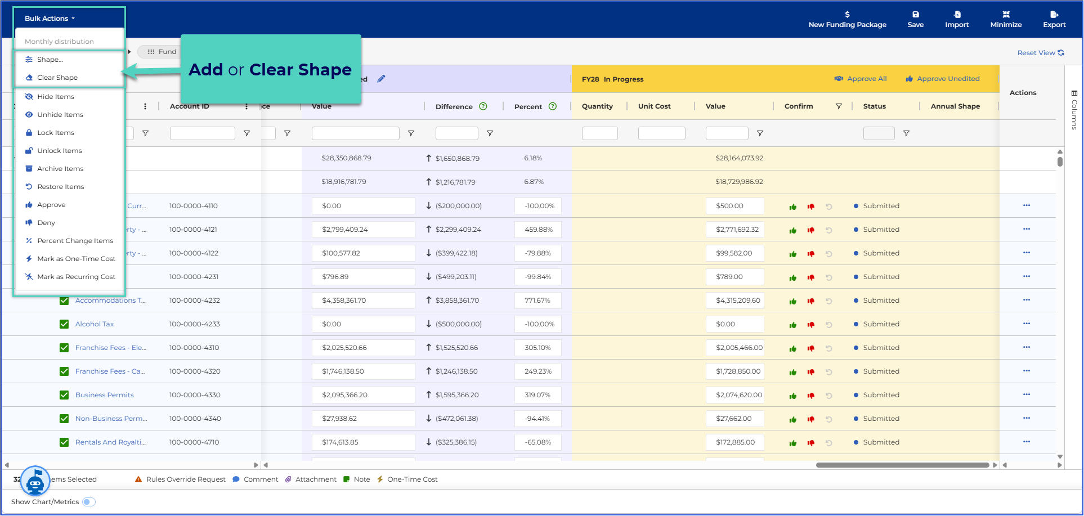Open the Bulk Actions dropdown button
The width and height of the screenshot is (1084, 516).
click(x=50, y=19)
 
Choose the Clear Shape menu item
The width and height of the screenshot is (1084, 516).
click(x=57, y=78)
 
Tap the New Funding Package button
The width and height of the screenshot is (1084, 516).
click(x=847, y=19)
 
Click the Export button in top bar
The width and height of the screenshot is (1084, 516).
click(x=1054, y=19)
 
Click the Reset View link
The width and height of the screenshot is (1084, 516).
click(x=1040, y=53)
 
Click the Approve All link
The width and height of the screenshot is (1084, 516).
click(x=861, y=79)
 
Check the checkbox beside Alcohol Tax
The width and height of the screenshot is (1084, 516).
click(x=64, y=324)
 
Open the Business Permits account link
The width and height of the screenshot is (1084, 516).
click(x=105, y=395)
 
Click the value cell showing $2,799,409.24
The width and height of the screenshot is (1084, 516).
click(x=364, y=230)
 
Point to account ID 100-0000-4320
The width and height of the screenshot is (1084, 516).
click(x=195, y=371)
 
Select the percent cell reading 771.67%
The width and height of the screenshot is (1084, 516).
click(x=538, y=300)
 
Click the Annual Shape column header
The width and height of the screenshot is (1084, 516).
click(x=955, y=106)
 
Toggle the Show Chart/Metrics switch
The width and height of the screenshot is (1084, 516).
click(x=89, y=502)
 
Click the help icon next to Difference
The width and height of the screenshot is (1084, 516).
click(x=483, y=106)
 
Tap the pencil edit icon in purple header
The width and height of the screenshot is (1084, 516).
click(x=381, y=79)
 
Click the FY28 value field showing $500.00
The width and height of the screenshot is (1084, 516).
click(x=734, y=206)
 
